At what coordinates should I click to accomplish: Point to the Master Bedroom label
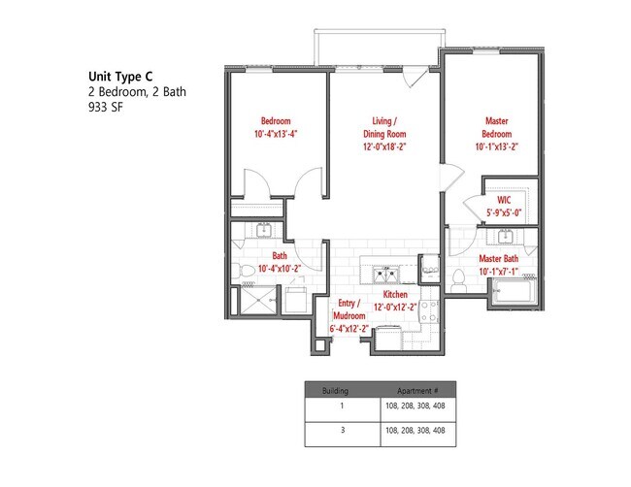click(496, 127)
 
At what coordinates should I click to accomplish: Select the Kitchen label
click(395, 293)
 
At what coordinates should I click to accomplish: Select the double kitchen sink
click(385, 272)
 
